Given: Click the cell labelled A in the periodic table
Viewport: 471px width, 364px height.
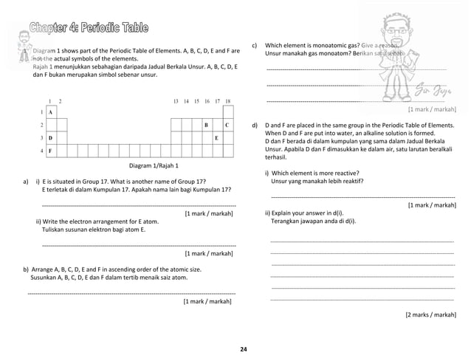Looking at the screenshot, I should pos(52,111).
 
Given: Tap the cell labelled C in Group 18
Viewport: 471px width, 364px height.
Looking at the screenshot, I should pos(227,125).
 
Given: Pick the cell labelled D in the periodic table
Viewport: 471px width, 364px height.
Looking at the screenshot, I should pos(52,138).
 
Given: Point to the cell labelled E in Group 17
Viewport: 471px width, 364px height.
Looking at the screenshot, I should pos(217,138).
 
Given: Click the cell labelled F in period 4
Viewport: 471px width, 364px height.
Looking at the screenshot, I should pos(52,151).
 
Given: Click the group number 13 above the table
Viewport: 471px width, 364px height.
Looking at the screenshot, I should pos(176,100).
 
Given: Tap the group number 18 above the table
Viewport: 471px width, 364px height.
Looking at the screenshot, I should pos(227,100).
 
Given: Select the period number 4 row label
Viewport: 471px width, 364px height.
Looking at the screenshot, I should pos(41,151).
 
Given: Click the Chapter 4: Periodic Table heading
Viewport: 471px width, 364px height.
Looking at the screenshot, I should pos(88,29).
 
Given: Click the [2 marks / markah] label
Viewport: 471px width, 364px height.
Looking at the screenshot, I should pos(430,315).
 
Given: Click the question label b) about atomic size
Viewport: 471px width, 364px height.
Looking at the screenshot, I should pos(27,269).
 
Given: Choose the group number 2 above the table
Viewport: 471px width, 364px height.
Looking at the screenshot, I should pos(61,100).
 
